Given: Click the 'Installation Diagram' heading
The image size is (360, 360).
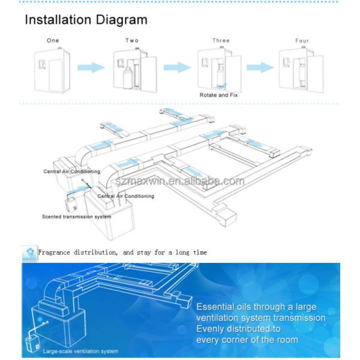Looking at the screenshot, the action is [86, 20].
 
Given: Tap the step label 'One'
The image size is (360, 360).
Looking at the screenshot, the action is [53, 41].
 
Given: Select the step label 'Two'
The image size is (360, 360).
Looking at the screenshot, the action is [132, 41].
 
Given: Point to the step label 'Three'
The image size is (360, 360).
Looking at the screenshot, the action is [221, 41].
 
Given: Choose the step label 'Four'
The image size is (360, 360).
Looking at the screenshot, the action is [302, 41].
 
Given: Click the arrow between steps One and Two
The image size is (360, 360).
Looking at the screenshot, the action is [91, 67].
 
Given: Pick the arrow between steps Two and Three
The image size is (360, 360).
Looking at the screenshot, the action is [177, 67].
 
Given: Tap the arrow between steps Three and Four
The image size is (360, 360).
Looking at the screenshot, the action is [260, 67].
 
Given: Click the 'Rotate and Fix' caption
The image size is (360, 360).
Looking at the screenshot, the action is [218, 95].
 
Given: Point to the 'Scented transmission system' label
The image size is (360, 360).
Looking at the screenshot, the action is [76, 217].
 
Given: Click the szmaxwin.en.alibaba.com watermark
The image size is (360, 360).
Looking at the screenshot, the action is [180, 181].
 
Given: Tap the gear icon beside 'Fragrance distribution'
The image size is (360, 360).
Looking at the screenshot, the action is [29, 253].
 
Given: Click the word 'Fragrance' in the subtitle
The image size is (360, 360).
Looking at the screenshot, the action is [54, 253].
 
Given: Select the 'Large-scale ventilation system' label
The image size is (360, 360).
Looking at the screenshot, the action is [80, 351].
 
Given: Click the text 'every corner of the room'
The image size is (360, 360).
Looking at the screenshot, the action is [247, 340].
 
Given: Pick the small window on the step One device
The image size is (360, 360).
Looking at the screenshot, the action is [42, 64].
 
